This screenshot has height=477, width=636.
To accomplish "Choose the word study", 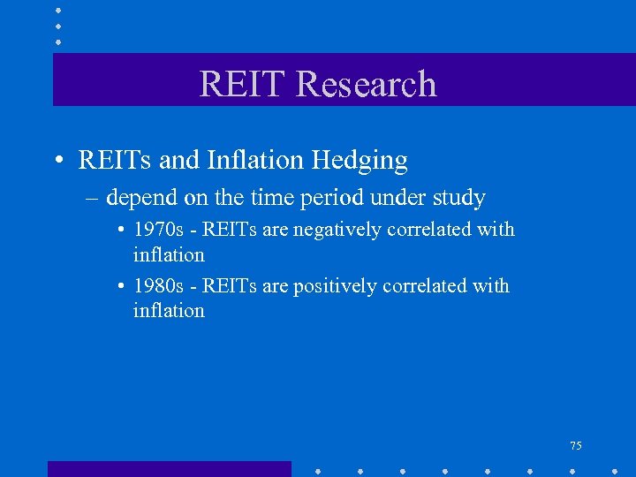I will pos(458,198).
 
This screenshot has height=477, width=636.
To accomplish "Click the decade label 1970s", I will pos(159,230).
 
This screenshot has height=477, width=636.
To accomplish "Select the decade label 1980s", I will pos(159,286).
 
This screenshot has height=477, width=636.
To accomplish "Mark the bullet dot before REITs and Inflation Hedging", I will pos(57,161).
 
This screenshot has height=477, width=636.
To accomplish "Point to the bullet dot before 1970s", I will pos(120,231).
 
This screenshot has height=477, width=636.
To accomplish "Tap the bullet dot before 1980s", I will pos(120,287).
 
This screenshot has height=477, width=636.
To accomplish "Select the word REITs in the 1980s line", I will pos(231,286).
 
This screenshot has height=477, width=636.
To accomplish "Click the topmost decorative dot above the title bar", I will pos(58,10).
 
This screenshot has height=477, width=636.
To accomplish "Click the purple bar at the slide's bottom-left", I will pos(169,469).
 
